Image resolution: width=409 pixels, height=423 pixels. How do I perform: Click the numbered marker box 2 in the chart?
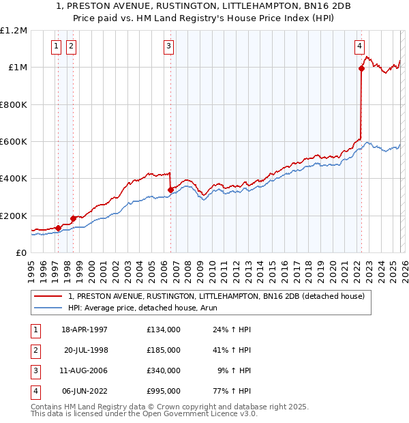[x=71, y=46]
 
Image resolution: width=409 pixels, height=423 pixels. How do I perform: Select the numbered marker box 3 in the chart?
[x=168, y=46]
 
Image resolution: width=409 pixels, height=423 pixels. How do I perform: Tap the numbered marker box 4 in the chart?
[x=359, y=46]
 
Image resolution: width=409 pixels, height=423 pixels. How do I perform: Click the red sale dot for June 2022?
[x=361, y=68]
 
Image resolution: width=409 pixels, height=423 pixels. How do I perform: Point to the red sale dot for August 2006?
[x=170, y=190]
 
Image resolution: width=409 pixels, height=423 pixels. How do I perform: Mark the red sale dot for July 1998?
[x=73, y=218]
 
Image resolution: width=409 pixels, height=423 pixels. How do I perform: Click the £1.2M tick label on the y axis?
[x=14, y=31]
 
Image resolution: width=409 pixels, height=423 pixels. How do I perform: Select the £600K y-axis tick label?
[x=14, y=142]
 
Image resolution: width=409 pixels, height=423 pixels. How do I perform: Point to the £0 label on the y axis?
[x=22, y=253]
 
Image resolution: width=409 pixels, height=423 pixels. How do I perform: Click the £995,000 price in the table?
[x=163, y=391]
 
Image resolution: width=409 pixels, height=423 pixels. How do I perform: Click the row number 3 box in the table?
[x=33, y=370]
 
